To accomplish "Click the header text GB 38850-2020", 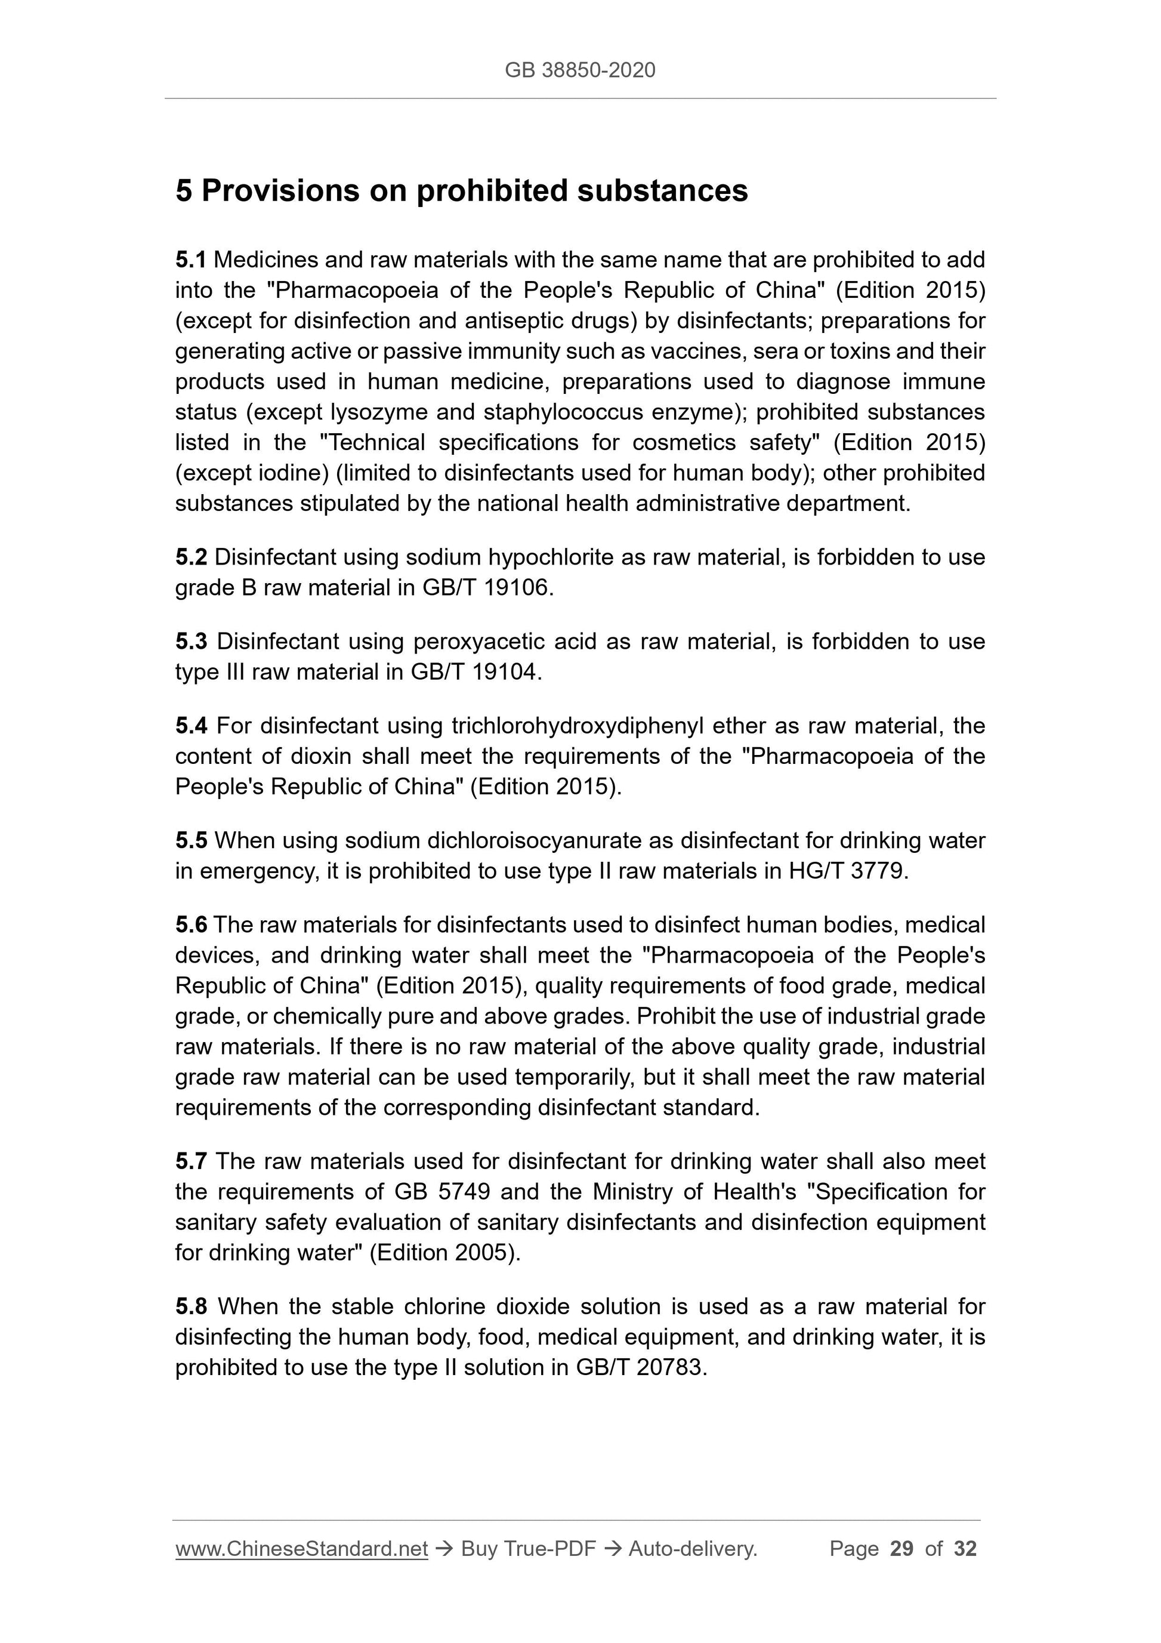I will [x=579, y=70].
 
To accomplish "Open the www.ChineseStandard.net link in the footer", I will [x=301, y=1549].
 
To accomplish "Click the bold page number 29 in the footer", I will [x=901, y=1549].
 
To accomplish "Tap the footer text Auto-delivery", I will [x=693, y=1549].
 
